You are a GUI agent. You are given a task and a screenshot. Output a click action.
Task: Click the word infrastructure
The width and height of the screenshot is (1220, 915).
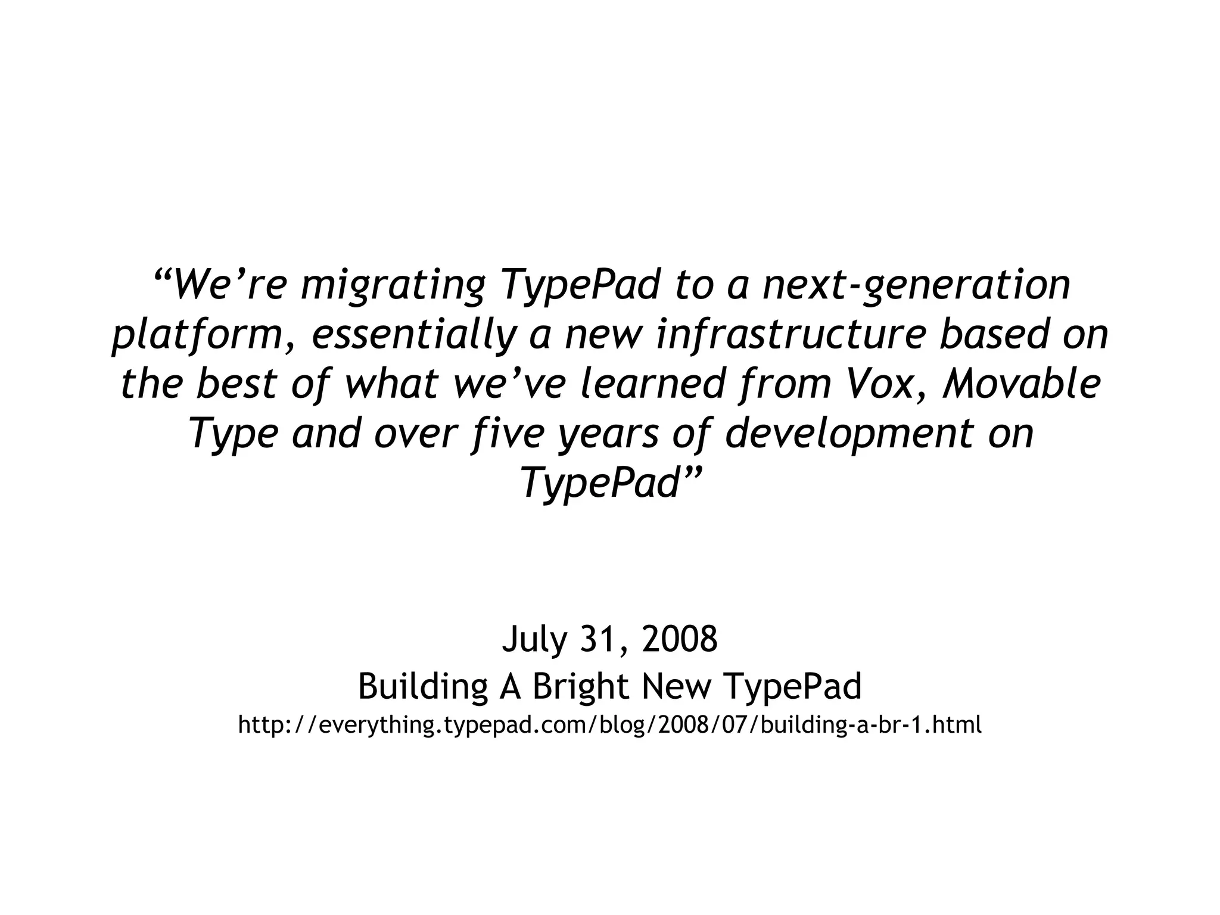pos(792,334)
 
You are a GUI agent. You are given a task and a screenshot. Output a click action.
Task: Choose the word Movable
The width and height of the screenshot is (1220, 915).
pos(1022,384)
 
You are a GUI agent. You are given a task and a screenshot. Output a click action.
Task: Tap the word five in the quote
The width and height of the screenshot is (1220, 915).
pos(507,434)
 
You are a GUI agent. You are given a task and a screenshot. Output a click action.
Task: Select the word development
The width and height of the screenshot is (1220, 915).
pos(849,434)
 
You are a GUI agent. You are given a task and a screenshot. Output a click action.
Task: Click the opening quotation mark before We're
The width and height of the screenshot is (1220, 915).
pos(163,278)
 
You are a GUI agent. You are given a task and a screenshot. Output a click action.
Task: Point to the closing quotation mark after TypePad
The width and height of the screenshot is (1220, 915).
pos(692,474)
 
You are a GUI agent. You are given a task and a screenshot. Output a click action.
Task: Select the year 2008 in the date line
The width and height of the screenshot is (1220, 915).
pos(680,639)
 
